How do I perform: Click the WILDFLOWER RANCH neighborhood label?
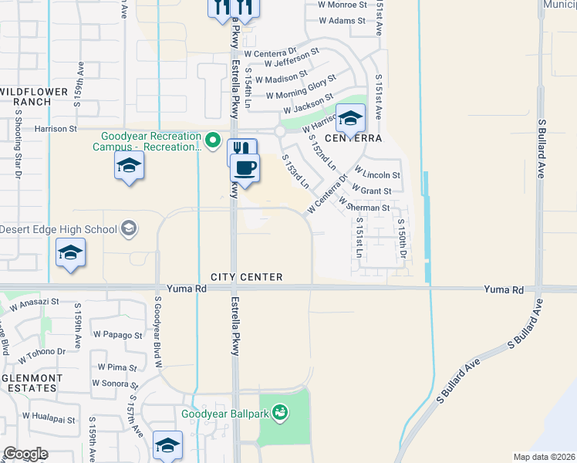[30, 96]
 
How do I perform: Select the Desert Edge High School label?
[59, 229]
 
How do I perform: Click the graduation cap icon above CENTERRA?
[350, 118]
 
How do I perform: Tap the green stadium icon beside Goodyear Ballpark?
[280, 414]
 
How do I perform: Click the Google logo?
[25, 454]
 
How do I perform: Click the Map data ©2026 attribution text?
[543, 457]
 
